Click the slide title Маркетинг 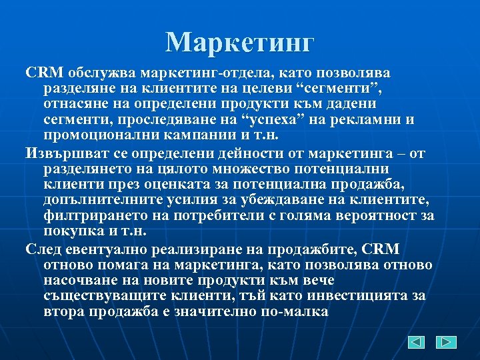(x=239, y=43)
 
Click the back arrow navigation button (x=415, y=342)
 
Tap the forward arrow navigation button (x=446, y=342)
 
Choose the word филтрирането (x=82, y=217)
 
